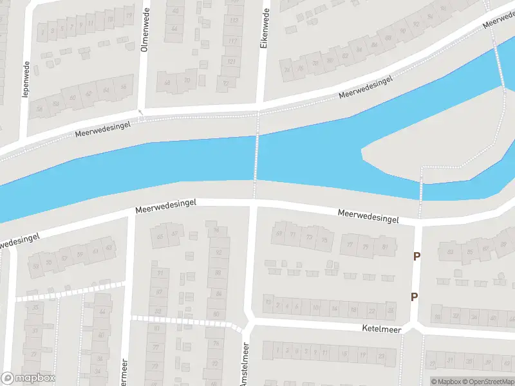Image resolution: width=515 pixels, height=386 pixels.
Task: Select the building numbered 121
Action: click(231, 62)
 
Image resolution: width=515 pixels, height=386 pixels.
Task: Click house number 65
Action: click(160, 235)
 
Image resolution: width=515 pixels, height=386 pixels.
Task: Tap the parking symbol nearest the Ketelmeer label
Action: click(415, 297)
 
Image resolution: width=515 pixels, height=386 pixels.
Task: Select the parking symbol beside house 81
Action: click(417, 256)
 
